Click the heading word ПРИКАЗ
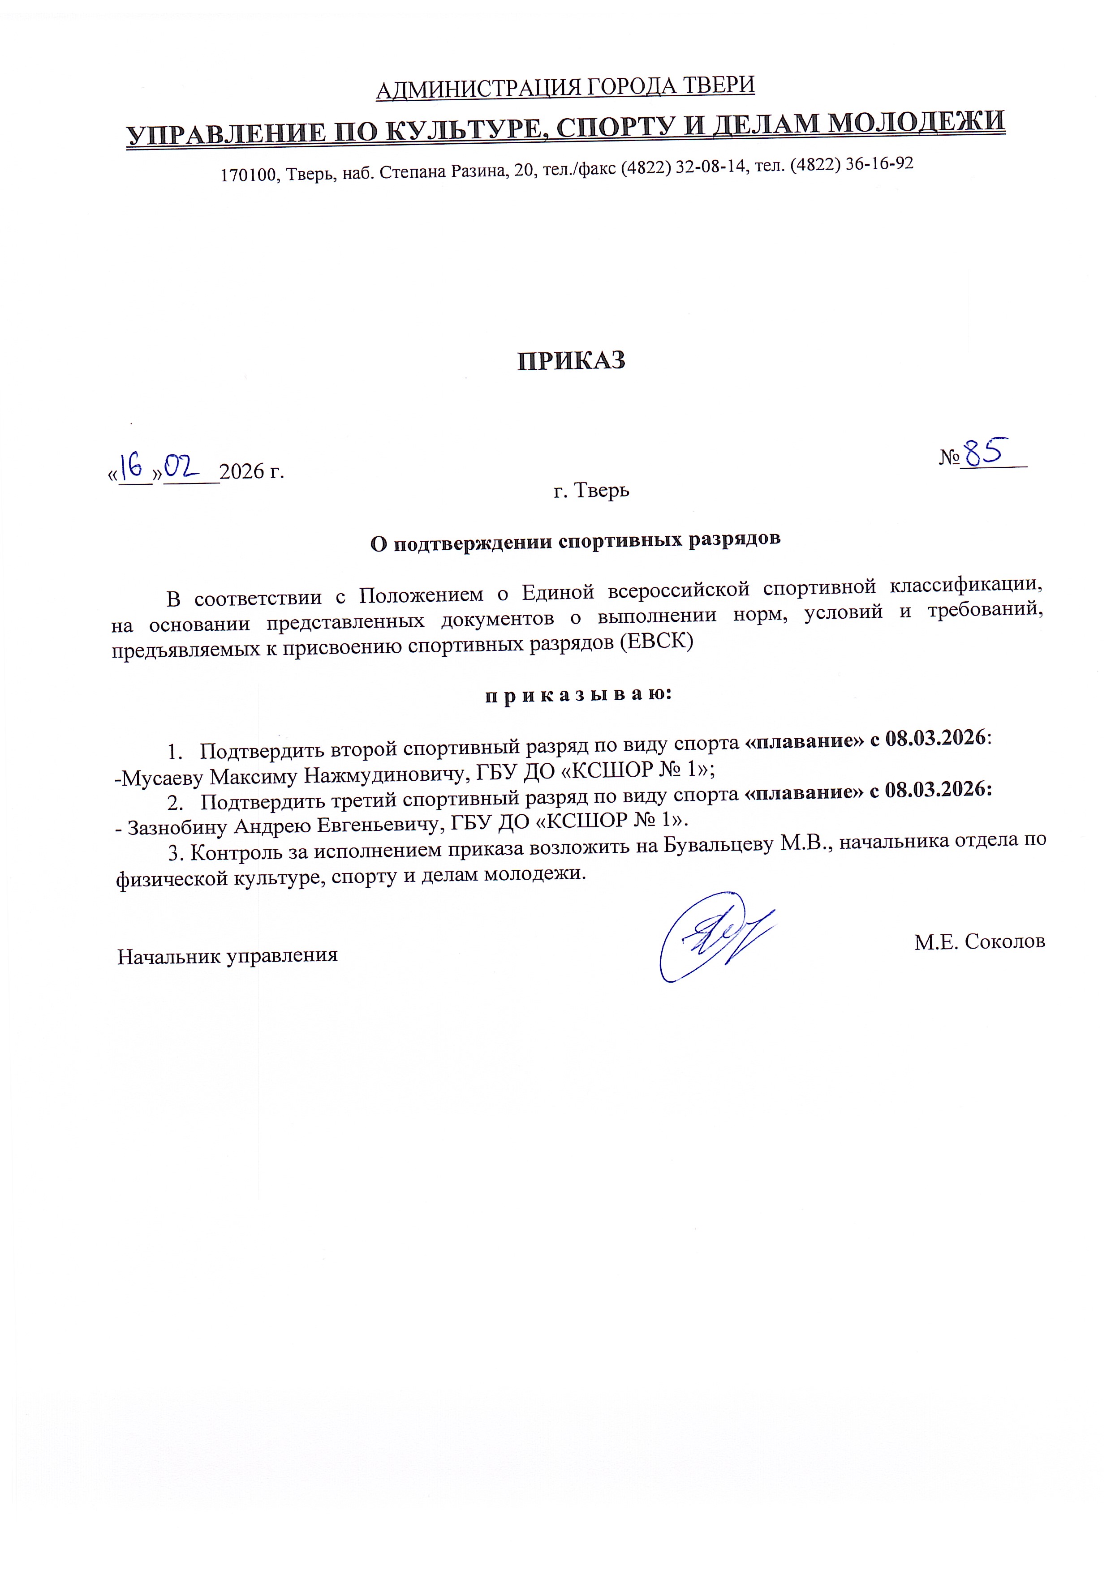click(x=571, y=360)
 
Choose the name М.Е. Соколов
click(x=980, y=941)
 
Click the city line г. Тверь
click(x=591, y=490)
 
